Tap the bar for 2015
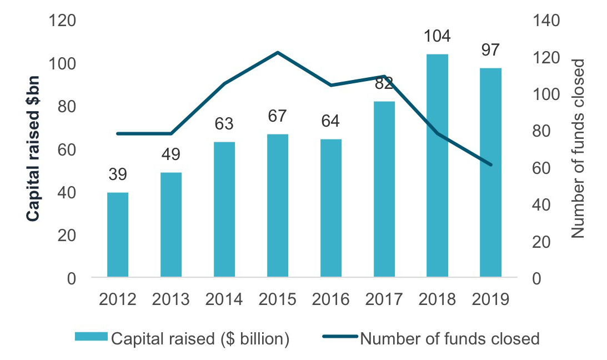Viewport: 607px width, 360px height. point(278,205)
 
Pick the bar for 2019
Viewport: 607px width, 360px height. point(490,172)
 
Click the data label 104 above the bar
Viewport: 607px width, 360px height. point(437,37)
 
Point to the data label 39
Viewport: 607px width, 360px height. point(118,174)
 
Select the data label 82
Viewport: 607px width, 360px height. point(384,84)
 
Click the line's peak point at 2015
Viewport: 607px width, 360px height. point(278,53)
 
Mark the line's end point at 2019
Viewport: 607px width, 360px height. point(490,164)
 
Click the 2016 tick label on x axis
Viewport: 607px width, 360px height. point(330,299)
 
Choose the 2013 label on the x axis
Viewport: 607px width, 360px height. point(171,299)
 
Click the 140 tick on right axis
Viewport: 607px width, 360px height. point(547,21)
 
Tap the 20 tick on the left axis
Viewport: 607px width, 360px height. point(67,236)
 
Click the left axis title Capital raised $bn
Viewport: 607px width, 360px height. point(34,150)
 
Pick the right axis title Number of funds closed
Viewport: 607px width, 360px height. point(579,149)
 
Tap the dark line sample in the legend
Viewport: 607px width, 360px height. point(338,338)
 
